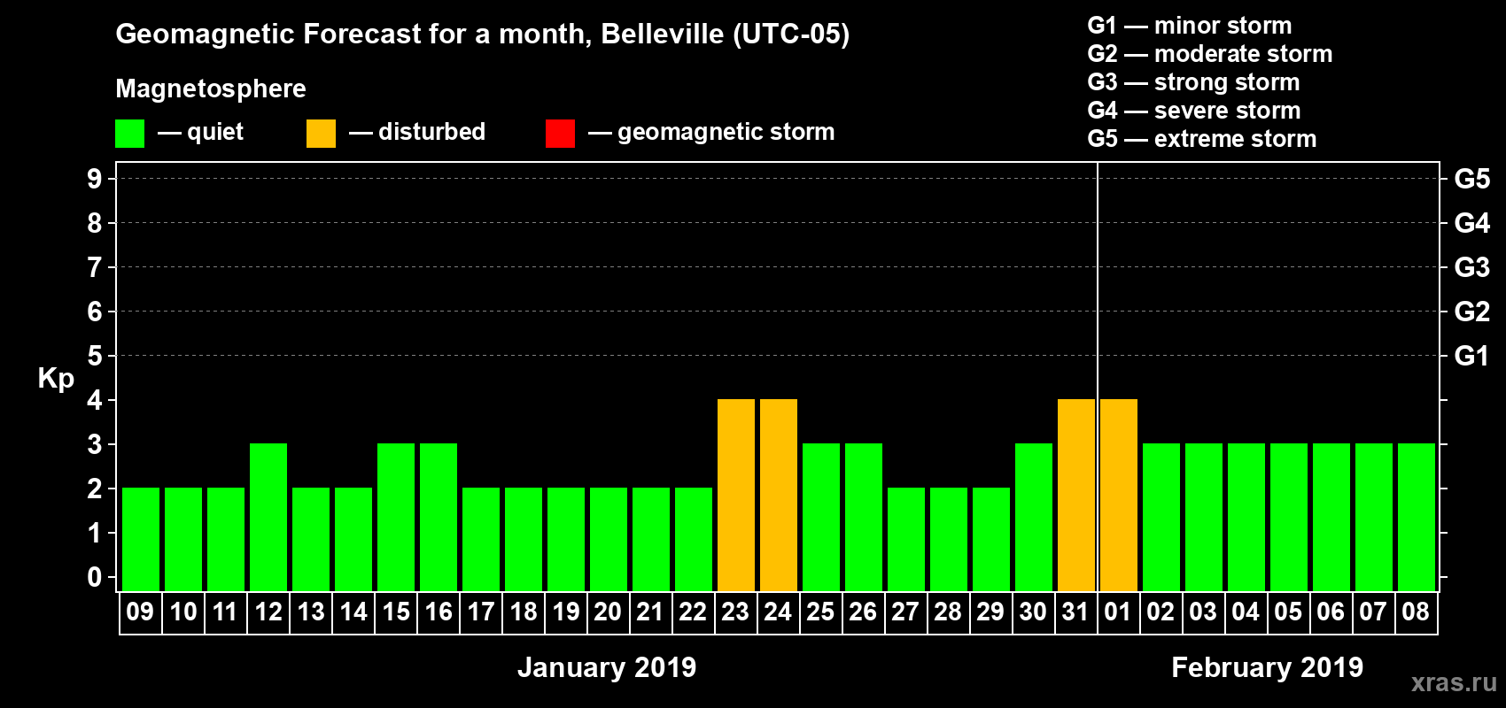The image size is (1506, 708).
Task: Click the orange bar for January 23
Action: click(x=736, y=495)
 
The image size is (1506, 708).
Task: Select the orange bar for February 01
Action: click(x=1119, y=495)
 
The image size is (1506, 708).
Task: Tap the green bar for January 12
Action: click(x=268, y=517)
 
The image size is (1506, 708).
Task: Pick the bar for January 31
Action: click(x=1076, y=495)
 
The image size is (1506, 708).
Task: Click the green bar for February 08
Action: click(x=1417, y=517)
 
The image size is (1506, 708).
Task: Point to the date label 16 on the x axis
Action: click(x=439, y=612)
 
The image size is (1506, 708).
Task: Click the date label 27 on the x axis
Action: click(x=905, y=612)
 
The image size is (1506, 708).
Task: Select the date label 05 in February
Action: click(x=1288, y=612)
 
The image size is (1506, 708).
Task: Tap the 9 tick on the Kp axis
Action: click(x=95, y=179)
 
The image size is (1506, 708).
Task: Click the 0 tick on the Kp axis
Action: click(x=95, y=577)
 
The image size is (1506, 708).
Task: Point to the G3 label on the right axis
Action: click(x=1471, y=267)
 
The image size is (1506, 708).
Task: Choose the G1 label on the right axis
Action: click(x=1471, y=356)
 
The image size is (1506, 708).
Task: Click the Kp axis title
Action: click(x=56, y=379)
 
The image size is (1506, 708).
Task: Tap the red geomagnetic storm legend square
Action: click(x=560, y=134)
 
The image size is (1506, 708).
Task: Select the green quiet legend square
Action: click(x=129, y=134)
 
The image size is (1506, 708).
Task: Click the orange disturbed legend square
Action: click(x=321, y=134)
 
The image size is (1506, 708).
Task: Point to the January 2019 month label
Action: click(x=607, y=667)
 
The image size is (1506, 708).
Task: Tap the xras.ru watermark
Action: click(x=1454, y=682)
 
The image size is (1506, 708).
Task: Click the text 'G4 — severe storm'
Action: click(x=1193, y=111)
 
